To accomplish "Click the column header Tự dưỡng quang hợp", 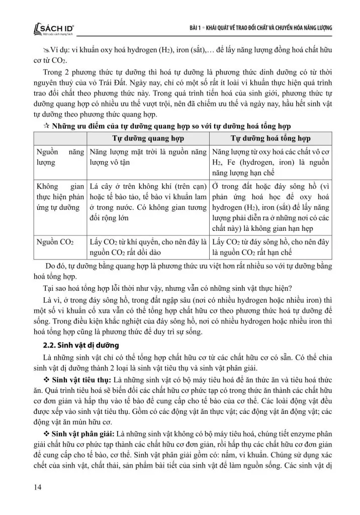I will (147, 138).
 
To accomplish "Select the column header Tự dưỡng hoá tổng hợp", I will (271, 138).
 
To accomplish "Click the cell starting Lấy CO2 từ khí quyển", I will (147, 247).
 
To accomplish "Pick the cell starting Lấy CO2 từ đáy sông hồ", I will (271, 247).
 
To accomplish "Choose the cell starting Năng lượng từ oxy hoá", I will (271, 162).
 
